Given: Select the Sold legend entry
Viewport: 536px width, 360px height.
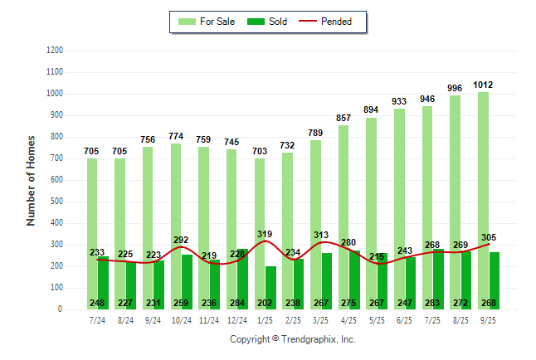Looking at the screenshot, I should point(267,22).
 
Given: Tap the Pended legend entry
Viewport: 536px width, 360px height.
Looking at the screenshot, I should point(336,22).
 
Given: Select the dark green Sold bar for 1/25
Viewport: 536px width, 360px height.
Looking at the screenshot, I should point(270,282).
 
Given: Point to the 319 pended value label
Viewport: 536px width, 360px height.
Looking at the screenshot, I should point(266,233).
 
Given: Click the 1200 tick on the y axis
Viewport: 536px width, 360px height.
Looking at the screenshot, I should point(54,51).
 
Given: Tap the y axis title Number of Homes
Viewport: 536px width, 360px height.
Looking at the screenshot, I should point(31,180).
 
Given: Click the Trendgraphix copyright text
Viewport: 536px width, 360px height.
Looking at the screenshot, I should point(292,339).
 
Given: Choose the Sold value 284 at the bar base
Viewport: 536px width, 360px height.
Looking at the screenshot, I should point(237,303).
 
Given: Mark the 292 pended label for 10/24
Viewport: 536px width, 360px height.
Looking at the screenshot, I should point(181,240).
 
